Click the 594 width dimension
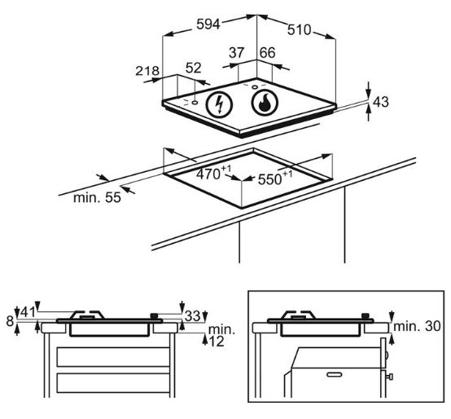pos(208,24)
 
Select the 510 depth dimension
pos(300,29)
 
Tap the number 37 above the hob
pos(236,53)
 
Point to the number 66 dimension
pos(268,53)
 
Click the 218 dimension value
pos(147,71)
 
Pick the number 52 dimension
pos(194,68)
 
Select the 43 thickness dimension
pos(381,102)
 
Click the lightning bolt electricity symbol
pos(219,104)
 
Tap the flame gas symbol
pos(265,103)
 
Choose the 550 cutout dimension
pos(275,178)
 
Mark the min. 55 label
pos(97,198)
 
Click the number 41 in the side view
pos(28,312)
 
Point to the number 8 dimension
pos(10,321)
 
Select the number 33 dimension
pos(193,315)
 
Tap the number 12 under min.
pos(217,342)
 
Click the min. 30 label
pos(417,326)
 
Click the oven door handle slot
pos(335,374)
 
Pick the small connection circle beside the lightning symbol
pos(195,103)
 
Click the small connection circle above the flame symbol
pos(255,87)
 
